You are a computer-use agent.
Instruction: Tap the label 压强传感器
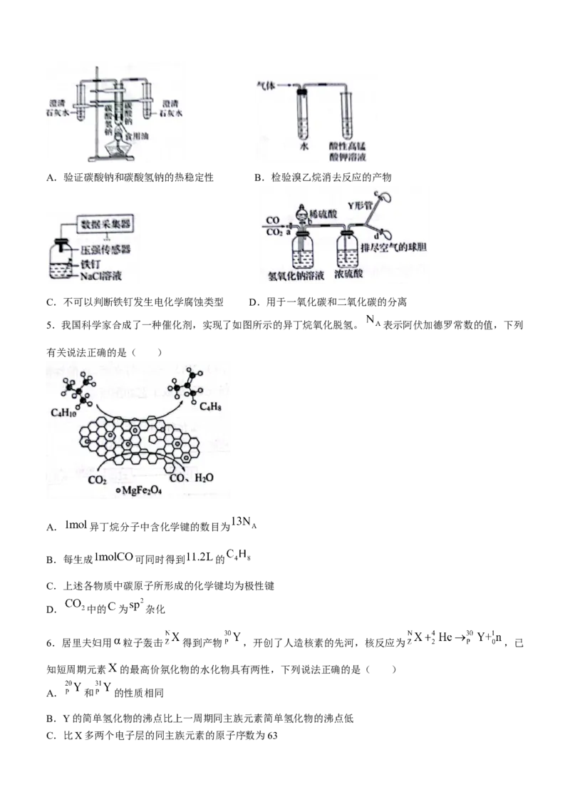pyautogui.click(x=106, y=250)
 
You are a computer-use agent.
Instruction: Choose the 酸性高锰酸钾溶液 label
pyautogui.click(x=347, y=150)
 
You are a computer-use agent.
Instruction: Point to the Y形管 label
pyautogui.click(x=361, y=205)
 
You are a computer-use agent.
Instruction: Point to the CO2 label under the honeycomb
pyautogui.click(x=97, y=480)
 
